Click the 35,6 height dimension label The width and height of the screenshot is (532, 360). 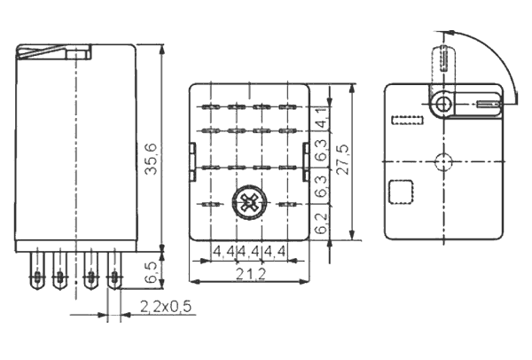[151, 159]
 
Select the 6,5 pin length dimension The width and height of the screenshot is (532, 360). [151, 272]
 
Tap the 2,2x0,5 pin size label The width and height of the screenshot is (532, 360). [166, 307]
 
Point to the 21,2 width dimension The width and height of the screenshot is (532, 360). [251, 274]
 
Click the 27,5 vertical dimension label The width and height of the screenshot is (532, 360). [342, 160]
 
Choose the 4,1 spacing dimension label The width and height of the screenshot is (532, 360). [321, 117]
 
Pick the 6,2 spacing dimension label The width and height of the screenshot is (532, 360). [321, 223]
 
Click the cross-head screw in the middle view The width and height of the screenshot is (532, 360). [249, 203]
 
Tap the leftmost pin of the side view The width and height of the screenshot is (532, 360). [37, 270]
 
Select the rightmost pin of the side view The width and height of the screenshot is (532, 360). [114, 270]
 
